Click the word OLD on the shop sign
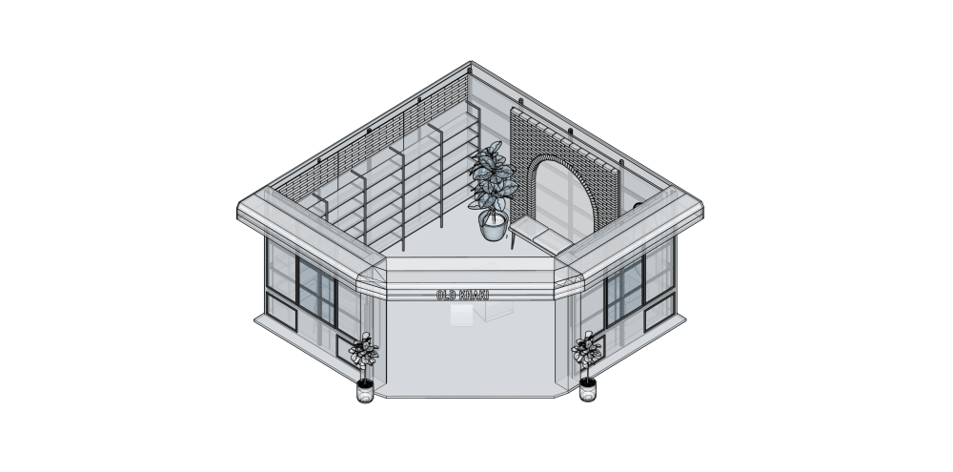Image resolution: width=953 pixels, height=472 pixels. (446, 296)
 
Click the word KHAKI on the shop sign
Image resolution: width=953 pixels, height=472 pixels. (475, 296)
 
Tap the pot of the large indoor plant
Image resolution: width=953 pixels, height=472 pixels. (493, 225)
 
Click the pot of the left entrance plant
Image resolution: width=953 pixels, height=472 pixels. (365, 391)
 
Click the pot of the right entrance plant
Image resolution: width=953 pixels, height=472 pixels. (588, 389)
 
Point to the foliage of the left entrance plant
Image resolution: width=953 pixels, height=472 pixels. (363, 351)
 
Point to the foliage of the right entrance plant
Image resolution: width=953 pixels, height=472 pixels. (587, 350)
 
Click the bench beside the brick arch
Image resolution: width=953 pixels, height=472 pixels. (539, 236)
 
